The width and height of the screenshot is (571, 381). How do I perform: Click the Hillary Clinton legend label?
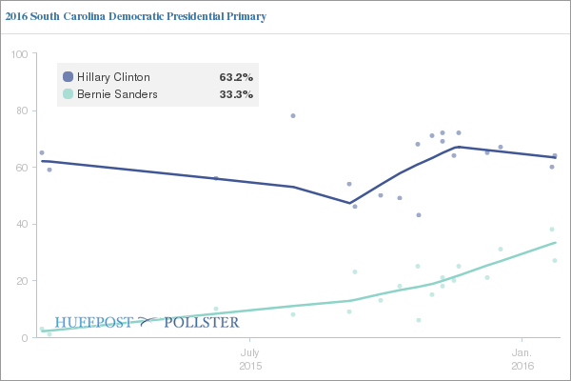click(x=113, y=76)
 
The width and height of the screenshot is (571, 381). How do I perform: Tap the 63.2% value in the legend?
click(x=236, y=76)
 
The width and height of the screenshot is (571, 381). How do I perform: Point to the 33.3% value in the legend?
click(x=236, y=94)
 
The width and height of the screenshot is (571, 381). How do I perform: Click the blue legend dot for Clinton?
click(x=68, y=76)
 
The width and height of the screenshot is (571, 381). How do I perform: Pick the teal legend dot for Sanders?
click(x=68, y=94)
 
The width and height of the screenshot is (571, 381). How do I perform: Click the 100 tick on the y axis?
click(x=17, y=54)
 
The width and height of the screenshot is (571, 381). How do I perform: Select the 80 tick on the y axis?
click(x=20, y=110)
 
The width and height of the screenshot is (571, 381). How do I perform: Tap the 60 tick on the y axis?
click(x=20, y=168)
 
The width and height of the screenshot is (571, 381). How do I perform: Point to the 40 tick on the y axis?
click(x=20, y=225)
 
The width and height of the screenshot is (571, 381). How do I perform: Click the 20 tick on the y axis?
click(x=20, y=281)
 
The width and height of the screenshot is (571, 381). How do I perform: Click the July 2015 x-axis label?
click(x=249, y=358)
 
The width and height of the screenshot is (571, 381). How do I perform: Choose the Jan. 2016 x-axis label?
click(x=522, y=358)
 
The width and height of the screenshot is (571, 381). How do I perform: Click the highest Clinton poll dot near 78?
click(x=293, y=115)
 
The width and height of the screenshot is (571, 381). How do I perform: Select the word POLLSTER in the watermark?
click(x=202, y=323)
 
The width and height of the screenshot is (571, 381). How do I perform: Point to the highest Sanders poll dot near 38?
click(x=552, y=229)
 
